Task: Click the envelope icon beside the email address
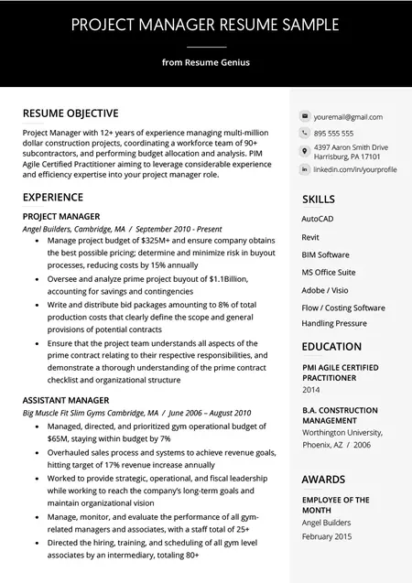(x=304, y=117)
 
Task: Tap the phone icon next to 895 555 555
(x=304, y=134)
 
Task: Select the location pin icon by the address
(x=304, y=151)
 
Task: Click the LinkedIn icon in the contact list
(x=304, y=169)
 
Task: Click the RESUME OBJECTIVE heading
(x=70, y=113)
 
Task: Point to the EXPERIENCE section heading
(x=53, y=197)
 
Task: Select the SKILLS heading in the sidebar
(x=319, y=199)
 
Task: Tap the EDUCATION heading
(x=331, y=346)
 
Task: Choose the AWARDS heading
(x=323, y=479)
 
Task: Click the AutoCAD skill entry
(x=317, y=220)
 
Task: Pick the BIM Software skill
(x=325, y=254)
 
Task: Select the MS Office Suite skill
(x=329, y=272)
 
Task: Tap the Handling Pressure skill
(x=334, y=323)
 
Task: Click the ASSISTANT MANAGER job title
(x=66, y=400)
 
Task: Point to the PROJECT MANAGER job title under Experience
(x=61, y=216)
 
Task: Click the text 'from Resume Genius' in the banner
(x=205, y=62)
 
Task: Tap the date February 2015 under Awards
(x=327, y=535)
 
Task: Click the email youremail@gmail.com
(x=348, y=117)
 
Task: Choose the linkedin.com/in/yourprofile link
(x=354, y=169)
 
